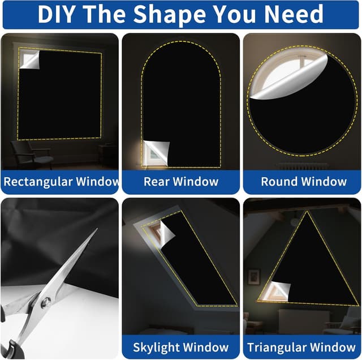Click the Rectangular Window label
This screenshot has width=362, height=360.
tap(61, 182)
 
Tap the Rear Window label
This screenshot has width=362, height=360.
tap(181, 182)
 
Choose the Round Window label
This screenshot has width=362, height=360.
tap(304, 182)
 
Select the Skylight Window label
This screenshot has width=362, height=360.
tap(181, 348)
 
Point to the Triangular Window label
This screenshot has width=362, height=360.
tap(301, 348)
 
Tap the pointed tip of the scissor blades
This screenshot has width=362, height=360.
tap(97, 229)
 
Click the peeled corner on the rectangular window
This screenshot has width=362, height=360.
tap(29, 59)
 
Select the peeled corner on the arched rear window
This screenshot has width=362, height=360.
tap(156, 153)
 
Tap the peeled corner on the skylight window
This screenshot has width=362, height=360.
tap(167, 234)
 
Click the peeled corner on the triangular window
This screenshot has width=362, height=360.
tap(279, 291)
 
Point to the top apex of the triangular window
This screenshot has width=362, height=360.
tap(307, 211)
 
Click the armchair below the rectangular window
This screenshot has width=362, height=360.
tap(31, 155)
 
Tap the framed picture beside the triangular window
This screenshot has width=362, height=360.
tap(254, 277)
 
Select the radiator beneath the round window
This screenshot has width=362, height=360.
tap(303, 166)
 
